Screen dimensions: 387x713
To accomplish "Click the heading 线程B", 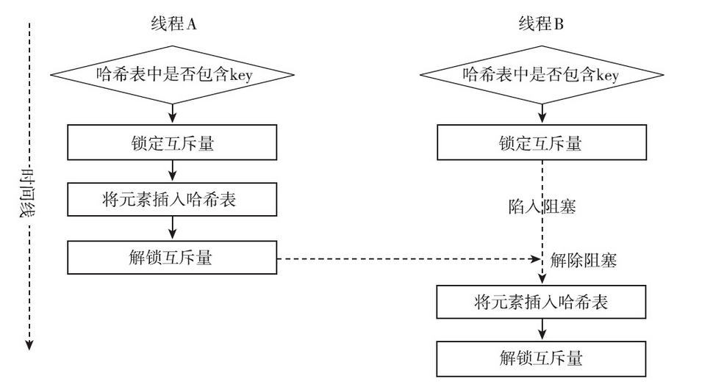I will click(540, 23).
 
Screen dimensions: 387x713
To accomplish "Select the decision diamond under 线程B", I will click(540, 74).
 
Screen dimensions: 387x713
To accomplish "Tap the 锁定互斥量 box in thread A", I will click(172, 142).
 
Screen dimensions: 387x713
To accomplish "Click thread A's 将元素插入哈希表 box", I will click(172, 199).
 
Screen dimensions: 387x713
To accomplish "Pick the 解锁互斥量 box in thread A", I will click(172, 257).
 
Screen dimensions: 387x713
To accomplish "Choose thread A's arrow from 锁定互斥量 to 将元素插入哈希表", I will click(172, 170).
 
